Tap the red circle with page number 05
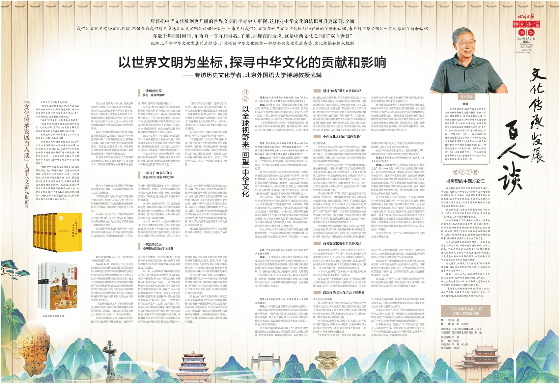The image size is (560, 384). (x=522, y=32)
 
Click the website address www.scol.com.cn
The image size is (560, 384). (x=526, y=52)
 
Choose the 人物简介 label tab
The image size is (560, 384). (x=466, y=96)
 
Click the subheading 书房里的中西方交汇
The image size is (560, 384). (x=465, y=181)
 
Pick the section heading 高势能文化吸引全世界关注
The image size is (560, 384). (x=342, y=243)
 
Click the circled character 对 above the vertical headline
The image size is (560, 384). (x=245, y=93)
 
